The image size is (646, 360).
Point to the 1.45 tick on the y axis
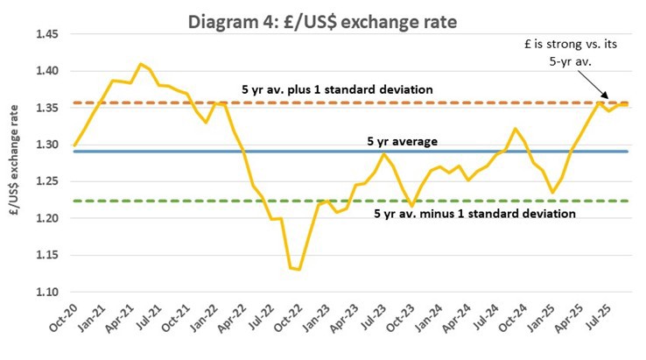point(46,34)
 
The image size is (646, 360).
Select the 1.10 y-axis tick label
point(46,292)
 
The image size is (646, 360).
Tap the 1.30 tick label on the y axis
point(46,145)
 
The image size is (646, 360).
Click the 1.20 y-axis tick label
point(46,218)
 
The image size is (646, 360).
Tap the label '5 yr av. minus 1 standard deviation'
point(474,213)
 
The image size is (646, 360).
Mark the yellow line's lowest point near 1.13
point(299,270)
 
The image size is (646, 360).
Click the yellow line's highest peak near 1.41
point(140,64)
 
